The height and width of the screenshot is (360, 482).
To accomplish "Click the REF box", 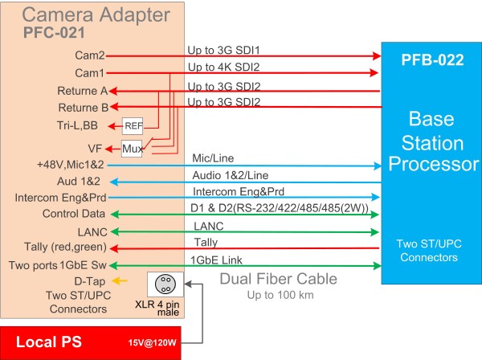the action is (133, 126).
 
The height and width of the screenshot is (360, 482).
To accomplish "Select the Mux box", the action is (132, 149).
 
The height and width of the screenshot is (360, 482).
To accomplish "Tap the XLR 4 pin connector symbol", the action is (165, 284).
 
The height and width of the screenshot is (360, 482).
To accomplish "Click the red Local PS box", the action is (90, 343).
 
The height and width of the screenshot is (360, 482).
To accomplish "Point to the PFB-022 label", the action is (432, 60).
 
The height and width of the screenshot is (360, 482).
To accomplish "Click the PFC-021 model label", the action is (54, 33).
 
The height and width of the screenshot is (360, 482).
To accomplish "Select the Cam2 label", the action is (90, 55).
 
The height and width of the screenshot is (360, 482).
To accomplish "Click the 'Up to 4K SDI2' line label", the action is (224, 67).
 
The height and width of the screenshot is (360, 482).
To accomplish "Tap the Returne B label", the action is (84, 108).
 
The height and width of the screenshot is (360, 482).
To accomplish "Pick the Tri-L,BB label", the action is (77, 125).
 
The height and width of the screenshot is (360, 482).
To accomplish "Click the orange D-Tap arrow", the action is (119, 280).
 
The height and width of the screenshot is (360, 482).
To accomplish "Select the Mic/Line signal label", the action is (213, 158).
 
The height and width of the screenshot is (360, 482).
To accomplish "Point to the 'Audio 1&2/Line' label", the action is (231, 175).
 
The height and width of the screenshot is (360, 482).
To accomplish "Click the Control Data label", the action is (74, 214).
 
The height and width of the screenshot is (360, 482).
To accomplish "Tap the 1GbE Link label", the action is (216, 260).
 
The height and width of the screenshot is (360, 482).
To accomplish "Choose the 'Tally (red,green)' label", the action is (66, 247).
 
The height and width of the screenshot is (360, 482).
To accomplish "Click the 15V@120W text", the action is (152, 342).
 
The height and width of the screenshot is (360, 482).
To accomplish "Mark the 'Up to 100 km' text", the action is (280, 295).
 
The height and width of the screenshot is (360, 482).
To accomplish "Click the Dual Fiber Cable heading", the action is (279, 279).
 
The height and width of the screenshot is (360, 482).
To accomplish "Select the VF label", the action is (95, 149).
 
